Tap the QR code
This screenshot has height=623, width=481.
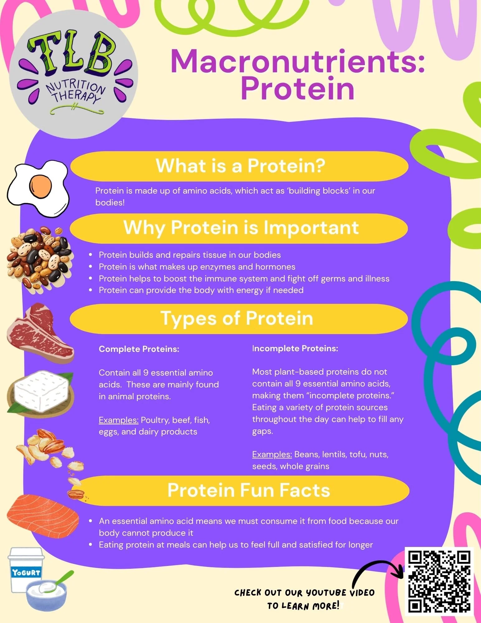(439, 581)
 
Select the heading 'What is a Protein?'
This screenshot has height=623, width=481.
(240, 165)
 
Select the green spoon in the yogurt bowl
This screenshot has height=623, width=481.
(59, 581)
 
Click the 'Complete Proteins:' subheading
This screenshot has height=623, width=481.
(139, 349)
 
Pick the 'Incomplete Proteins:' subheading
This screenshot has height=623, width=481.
(295, 348)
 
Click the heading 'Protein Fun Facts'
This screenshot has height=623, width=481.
(249, 490)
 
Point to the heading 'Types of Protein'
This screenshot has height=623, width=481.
(237, 319)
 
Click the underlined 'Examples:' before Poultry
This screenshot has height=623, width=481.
(119, 420)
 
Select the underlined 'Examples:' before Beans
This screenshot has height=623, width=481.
(272, 454)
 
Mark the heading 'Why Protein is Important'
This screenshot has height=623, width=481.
(241, 228)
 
